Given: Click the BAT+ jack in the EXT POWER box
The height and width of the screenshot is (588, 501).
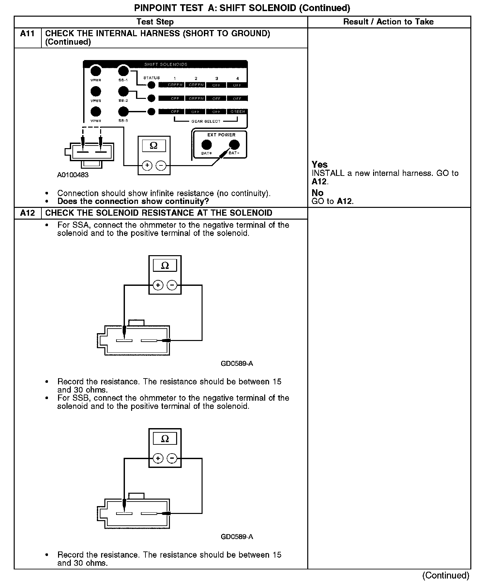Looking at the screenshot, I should pyautogui.click(x=206, y=145).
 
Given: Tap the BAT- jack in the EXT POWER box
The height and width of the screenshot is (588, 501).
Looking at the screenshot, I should pyautogui.click(x=234, y=145).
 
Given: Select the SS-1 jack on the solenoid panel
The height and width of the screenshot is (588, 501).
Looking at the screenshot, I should pyautogui.click(x=123, y=71).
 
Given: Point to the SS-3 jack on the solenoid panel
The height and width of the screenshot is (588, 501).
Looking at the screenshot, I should pyautogui.click(x=123, y=112).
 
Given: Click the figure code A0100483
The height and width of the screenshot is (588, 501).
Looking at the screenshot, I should pyautogui.click(x=73, y=175).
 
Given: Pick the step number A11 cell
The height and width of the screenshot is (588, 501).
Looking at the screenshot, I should pyautogui.click(x=27, y=34).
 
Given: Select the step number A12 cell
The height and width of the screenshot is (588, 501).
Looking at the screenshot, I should pyautogui.click(x=27, y=213).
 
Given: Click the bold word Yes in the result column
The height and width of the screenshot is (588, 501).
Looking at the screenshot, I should pyautogui.click(x=320, y=164).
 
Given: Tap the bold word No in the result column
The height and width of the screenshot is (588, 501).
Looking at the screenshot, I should pyautogui.click(x=317, y=193).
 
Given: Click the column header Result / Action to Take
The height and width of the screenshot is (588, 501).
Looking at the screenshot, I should pyautogui.click(x=388, y=22).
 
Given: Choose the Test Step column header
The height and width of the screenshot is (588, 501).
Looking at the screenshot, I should pyautogui.click(x=155, y=22).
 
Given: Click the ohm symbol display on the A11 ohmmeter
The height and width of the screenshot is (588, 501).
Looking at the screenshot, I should pyautogui.click(x=154, y=146).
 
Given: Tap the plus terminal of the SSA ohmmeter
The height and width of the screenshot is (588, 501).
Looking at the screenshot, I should pyautogui.click(x=158, y=286).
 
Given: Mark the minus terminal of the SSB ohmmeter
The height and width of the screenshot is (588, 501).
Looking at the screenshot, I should pyautogui.click(x=172, y=458).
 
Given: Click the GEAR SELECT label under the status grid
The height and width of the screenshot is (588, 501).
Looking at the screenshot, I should pyautogui.click(x=206, y=121).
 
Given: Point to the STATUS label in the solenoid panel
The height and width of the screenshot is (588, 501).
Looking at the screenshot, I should pyautogui.click(x=152, y=78).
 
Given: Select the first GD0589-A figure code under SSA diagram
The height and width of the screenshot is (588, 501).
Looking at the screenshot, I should pyautogui.click(x=237, y=364).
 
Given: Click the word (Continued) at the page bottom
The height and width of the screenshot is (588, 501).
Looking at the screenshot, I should pyautogui.click(x=446, y=575).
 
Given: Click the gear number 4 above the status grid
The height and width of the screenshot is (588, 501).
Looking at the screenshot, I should pyautogui.click(x=237, y=79).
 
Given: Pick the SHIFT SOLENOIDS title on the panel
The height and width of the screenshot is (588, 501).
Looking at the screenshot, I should pyautogui.click(x=166, y=64).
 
